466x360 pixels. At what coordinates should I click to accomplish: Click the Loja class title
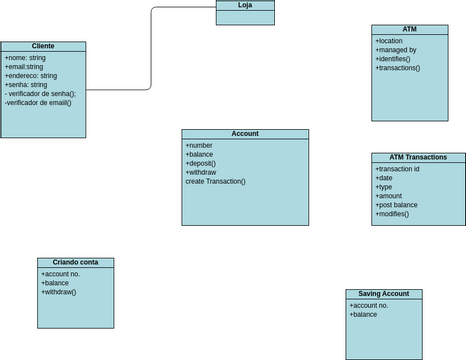pos(245,5)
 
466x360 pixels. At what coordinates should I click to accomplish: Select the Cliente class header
pos(43,46)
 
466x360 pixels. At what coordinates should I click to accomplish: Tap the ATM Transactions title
pos(417,157)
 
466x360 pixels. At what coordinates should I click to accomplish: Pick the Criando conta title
pos(75,261)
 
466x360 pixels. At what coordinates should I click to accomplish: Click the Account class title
pos(245,133)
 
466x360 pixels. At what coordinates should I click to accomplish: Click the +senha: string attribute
pos(26,85)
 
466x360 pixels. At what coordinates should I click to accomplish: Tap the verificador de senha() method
pos(40,93)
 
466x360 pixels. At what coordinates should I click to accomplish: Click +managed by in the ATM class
pos(396,50)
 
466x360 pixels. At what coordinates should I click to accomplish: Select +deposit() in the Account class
pos(201,163)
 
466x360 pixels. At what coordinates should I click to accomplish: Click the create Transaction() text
pos(215,181)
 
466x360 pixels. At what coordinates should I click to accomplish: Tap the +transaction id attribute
pos(398,169)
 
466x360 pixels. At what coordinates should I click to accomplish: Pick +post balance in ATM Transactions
pos(397,205)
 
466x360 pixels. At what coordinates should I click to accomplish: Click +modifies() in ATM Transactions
pos(395,214)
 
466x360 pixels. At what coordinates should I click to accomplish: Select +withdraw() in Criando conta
pos(59,291)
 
